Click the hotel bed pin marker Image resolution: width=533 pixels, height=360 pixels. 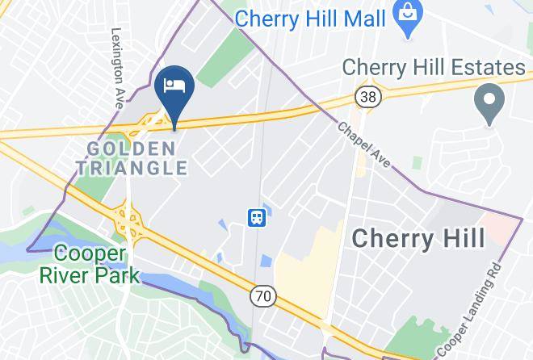point(175,87)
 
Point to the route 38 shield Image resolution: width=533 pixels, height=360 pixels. point(366,97)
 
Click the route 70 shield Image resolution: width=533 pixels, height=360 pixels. point(264,297)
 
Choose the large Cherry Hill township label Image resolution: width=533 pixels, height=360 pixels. point(419,238)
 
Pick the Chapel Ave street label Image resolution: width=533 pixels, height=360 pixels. point(364,146)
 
